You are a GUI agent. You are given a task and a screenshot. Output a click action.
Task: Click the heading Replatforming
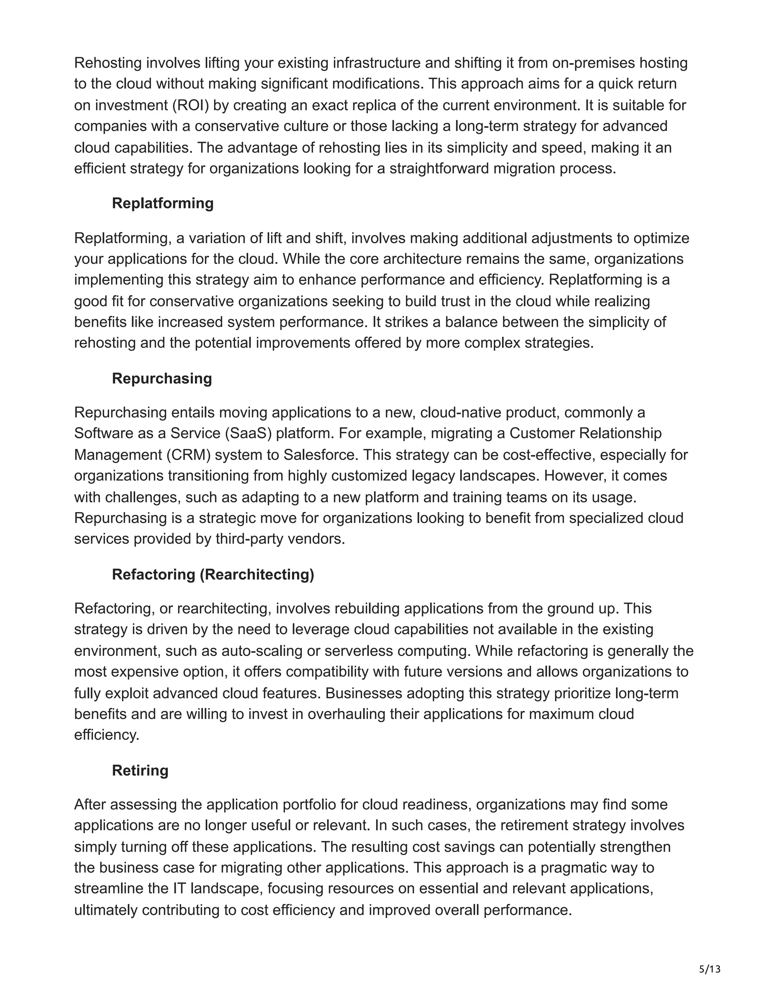(163, 203)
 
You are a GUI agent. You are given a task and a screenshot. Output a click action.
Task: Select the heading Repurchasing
(162, 378)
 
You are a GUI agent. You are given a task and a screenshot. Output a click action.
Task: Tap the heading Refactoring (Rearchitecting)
(213, 574)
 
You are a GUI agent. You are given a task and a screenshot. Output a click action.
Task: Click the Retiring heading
(140, 770)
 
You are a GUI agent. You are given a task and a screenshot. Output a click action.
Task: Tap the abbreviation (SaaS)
(248, 433)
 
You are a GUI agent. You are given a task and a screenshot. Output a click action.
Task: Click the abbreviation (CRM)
(188, 455)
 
